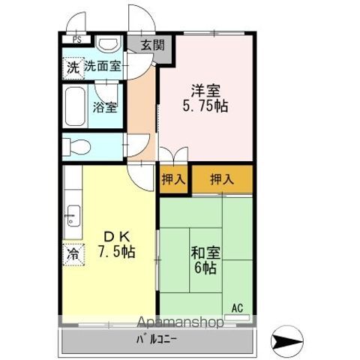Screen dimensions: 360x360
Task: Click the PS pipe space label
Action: coord(77,40)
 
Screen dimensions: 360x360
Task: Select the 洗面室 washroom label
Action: coord(102,66)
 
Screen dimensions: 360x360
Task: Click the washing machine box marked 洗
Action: coord(73,68)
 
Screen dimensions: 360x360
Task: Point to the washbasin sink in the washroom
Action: coord(109,43)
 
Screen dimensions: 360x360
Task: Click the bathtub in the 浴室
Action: coord(75,106)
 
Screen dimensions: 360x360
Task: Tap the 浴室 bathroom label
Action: coord(105,107)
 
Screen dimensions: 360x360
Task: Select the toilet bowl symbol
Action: coord(76,147)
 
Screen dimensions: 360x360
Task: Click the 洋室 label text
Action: coord(205,91)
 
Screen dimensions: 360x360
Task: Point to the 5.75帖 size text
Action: coord(205,106)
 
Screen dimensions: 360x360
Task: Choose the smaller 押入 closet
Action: coord(174,179)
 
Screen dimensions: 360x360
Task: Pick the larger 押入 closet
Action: coord(222,179)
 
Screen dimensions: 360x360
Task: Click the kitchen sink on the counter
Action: coord(73,216)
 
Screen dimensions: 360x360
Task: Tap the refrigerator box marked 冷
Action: coord(73,254)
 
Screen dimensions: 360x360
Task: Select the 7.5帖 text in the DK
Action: coord(116,252)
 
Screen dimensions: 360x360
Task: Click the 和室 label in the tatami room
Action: coord(205,253)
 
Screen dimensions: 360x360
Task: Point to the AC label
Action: coord(237,308)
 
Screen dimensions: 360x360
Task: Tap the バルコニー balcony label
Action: coord(157,340)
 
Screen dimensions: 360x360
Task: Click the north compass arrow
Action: coord(287,340)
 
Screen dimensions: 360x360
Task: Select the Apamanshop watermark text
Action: coord(180,322)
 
